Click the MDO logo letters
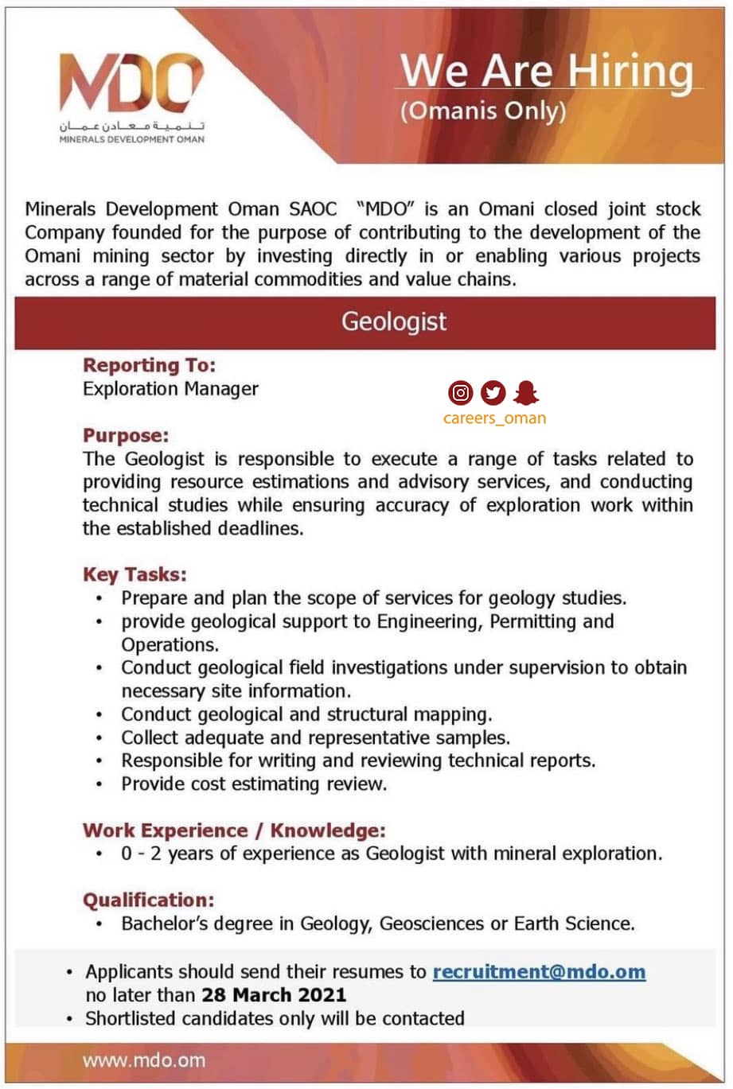tap(131, 84)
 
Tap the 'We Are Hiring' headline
tap(547, 72)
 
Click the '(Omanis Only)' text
tap(483, 111)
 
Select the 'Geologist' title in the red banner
tap(394, 321)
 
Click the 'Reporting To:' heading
tap(150, 365)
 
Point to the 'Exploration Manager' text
tap(170, 389)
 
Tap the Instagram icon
tap(460, 392)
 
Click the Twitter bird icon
tap(493, 392)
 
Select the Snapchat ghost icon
tap(526, 392)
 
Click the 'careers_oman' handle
tap(494, 418)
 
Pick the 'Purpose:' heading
tap(126, 435)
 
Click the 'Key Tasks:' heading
tap(135, 574)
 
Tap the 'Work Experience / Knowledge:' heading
tap(234, 830)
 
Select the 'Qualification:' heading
tap(149, 900)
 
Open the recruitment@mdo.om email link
tap(539, 971)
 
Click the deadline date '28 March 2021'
tap(274, 994)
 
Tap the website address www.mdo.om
tap(143, 1060)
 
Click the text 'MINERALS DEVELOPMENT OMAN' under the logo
tap(131, 139)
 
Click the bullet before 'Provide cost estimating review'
tap(99, 784)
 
